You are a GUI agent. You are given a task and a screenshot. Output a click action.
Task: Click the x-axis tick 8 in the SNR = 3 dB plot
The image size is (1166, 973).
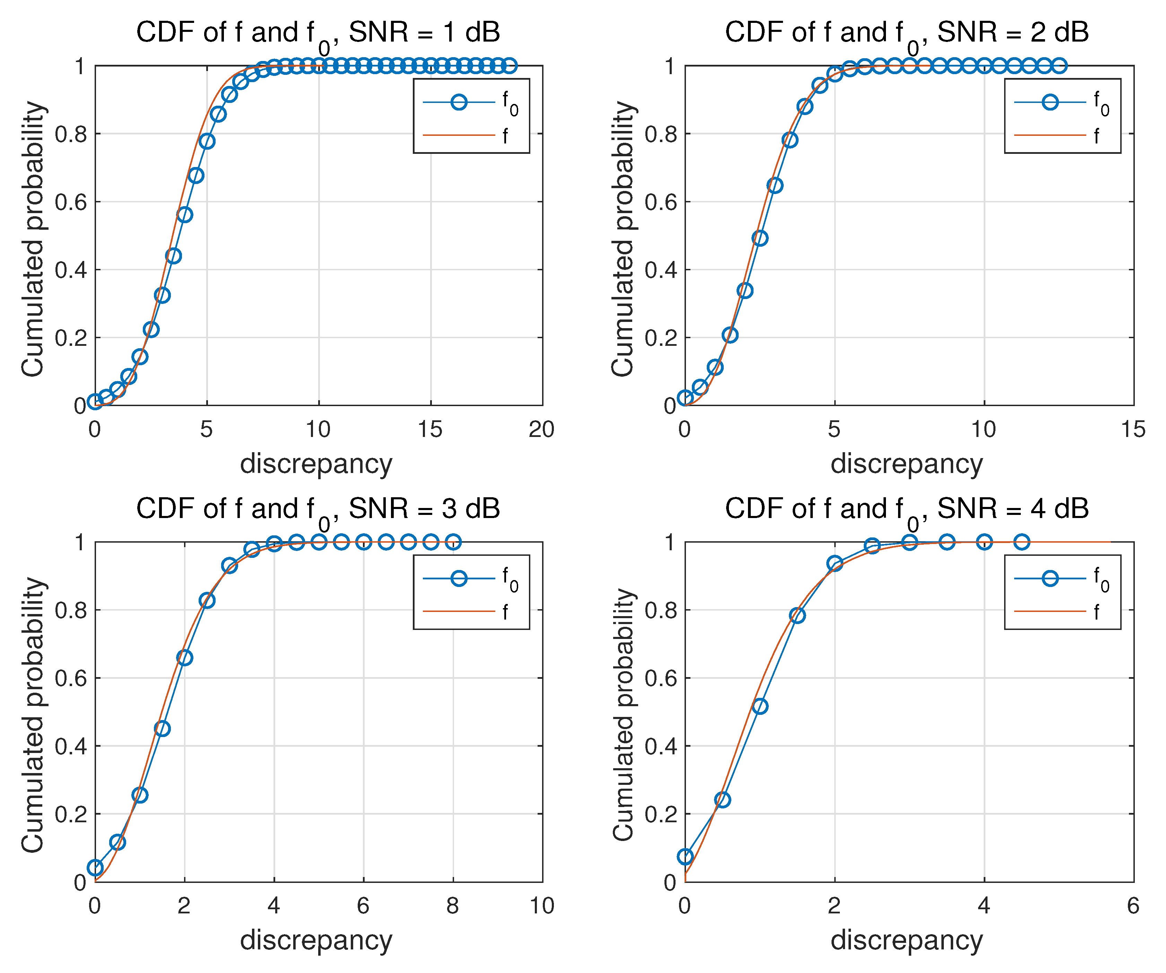tap(453, 906)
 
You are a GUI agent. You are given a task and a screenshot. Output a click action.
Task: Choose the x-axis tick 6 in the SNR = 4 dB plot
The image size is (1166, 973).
tap(1133, 906)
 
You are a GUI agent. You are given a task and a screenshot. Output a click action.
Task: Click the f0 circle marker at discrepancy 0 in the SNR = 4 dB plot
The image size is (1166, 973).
tap(685, 857)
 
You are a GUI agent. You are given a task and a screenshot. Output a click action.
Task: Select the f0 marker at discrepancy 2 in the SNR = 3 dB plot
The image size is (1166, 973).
tap(184, 658)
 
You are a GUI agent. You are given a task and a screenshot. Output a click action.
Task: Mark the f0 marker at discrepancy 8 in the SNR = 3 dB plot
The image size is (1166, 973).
tap(453, 542)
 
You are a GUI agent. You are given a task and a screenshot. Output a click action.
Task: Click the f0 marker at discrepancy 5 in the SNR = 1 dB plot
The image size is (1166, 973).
tap(207, 141)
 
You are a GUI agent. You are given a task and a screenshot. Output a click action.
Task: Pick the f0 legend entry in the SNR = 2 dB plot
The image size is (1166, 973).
tap(1061, 103)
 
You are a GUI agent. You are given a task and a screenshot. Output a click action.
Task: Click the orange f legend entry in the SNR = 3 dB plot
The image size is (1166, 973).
tap(471, 612)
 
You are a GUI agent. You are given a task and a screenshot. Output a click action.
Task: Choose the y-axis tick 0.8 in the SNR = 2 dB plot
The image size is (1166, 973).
tap(660, 134)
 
